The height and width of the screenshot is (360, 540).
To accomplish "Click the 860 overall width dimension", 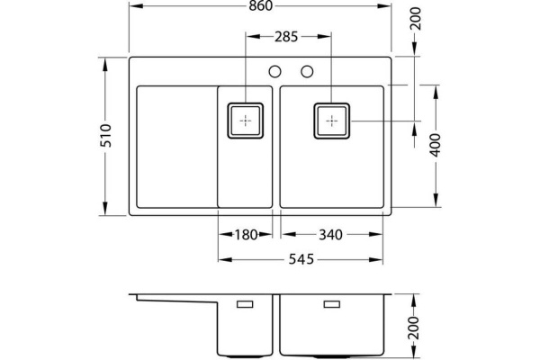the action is (261, 6).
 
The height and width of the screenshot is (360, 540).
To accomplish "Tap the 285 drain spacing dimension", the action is (286, 37).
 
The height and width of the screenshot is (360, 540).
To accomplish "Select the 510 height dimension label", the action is (106, 136).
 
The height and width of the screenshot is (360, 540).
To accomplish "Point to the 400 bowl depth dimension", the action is (436, 145).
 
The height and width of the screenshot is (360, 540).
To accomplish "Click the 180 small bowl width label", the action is (246, 235).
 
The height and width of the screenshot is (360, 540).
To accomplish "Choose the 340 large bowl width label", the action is (330, 235).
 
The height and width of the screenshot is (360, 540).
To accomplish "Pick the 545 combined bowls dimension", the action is (301, 259).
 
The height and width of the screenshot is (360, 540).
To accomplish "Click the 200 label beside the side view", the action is (416, 328).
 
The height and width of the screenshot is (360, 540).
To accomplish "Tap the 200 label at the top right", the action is (417, 19).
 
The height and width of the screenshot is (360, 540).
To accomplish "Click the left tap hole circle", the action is (274, 72).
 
